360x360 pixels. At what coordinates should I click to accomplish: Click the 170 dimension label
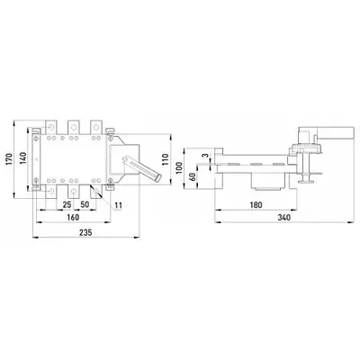click(9, 159)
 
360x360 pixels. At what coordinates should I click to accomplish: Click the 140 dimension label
click(23, 158)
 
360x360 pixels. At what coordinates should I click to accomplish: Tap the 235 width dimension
click(85, 232)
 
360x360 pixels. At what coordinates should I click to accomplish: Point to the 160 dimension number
click(73, 217)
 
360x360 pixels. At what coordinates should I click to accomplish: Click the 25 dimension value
click(67, 204)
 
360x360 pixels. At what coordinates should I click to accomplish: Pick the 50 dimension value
click(85, 204)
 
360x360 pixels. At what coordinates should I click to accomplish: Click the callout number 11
click(119, 205)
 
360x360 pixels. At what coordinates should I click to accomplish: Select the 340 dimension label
click(283, 217)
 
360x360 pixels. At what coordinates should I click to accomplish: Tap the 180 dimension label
click(256, 205)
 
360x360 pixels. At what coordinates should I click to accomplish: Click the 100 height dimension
click(179, 168)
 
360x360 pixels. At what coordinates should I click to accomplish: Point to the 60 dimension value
click(193, 176)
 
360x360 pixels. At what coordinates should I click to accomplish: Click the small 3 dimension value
click(205, 156)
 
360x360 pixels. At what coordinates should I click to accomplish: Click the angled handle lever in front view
click(141, 167)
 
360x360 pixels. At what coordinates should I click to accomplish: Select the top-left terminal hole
click(51, 128)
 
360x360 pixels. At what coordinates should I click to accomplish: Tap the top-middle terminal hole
click(73, 128)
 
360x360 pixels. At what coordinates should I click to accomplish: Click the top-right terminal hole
click(96, 128)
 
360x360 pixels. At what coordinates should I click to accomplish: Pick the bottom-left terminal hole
click(51, 191)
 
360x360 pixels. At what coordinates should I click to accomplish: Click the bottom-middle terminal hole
click(73, 191)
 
